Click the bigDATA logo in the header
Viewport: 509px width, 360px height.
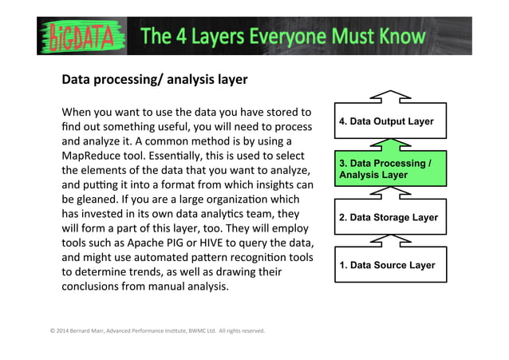(79, 37)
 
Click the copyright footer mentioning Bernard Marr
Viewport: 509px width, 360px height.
(156, 330)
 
